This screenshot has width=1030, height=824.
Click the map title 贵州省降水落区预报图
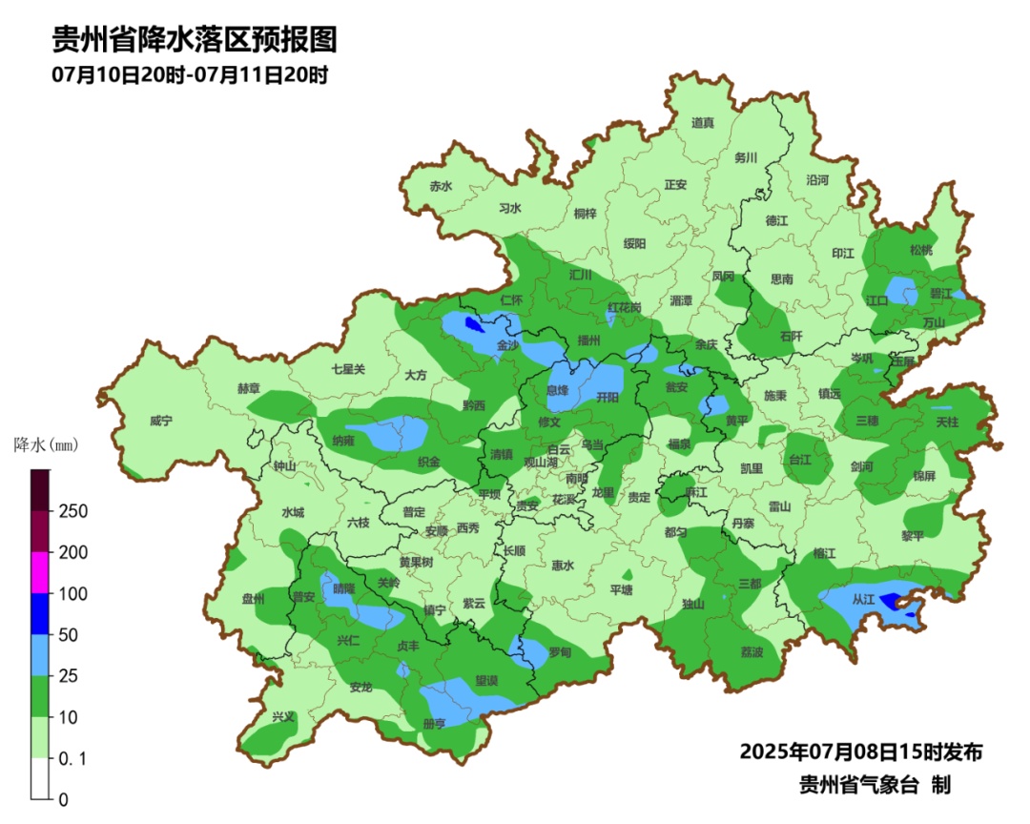tap(195, 40)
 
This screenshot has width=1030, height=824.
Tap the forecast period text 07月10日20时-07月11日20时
tap(190, 75)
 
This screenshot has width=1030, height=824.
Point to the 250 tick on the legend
tap(73, 511)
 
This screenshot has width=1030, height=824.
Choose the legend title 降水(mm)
tap(45, 445)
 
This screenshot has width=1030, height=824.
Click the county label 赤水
tap(441, 187)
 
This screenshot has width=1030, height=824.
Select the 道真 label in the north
tap(703, 122)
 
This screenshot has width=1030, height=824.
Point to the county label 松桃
tap(920, 250)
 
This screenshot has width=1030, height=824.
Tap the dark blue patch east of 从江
tap(891, 601)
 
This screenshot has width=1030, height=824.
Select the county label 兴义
tap(283, 716)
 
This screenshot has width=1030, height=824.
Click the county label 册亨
tap(434, 724)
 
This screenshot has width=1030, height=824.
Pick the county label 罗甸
tap(560, 652)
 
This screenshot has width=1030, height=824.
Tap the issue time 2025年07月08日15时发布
tap(860, 752)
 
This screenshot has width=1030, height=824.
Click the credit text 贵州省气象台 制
tap(875, 785)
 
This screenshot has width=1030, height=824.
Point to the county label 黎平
tap(913, 536)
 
